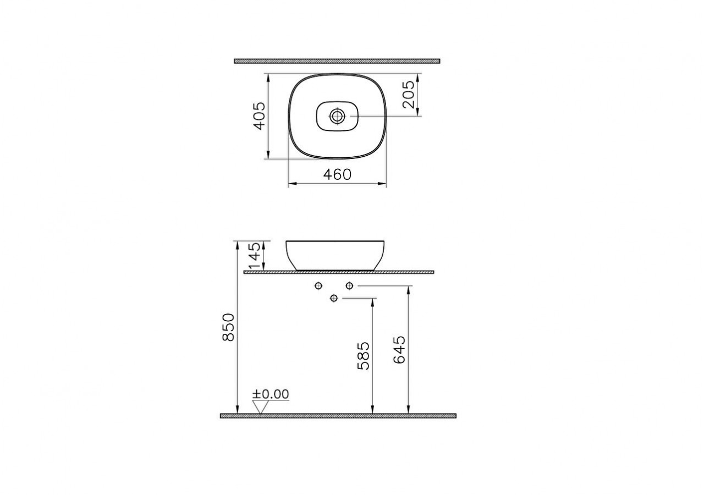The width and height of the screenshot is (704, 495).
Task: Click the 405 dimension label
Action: point(259,115)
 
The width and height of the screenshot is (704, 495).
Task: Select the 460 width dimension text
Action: point(337,174)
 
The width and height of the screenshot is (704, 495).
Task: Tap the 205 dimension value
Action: point(408,95)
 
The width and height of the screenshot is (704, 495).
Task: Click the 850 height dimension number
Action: point(228,327)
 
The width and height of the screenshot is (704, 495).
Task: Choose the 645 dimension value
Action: point(399,349)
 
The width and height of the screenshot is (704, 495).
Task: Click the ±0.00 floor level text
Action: point(271,394)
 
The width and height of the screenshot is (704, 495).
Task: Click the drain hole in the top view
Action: point(337,116)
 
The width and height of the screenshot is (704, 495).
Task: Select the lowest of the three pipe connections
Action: point(333,298)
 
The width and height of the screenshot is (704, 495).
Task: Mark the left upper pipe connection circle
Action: point(318,285)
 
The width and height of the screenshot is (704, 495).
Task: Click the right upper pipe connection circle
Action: point(349,285)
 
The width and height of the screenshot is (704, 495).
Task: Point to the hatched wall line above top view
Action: point(337,61)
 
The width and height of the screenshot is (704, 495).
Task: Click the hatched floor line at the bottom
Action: point(338,416)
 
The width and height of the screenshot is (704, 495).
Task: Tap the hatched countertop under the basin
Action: point(338,272)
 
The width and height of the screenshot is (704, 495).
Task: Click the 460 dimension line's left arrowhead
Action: point(291,183)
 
